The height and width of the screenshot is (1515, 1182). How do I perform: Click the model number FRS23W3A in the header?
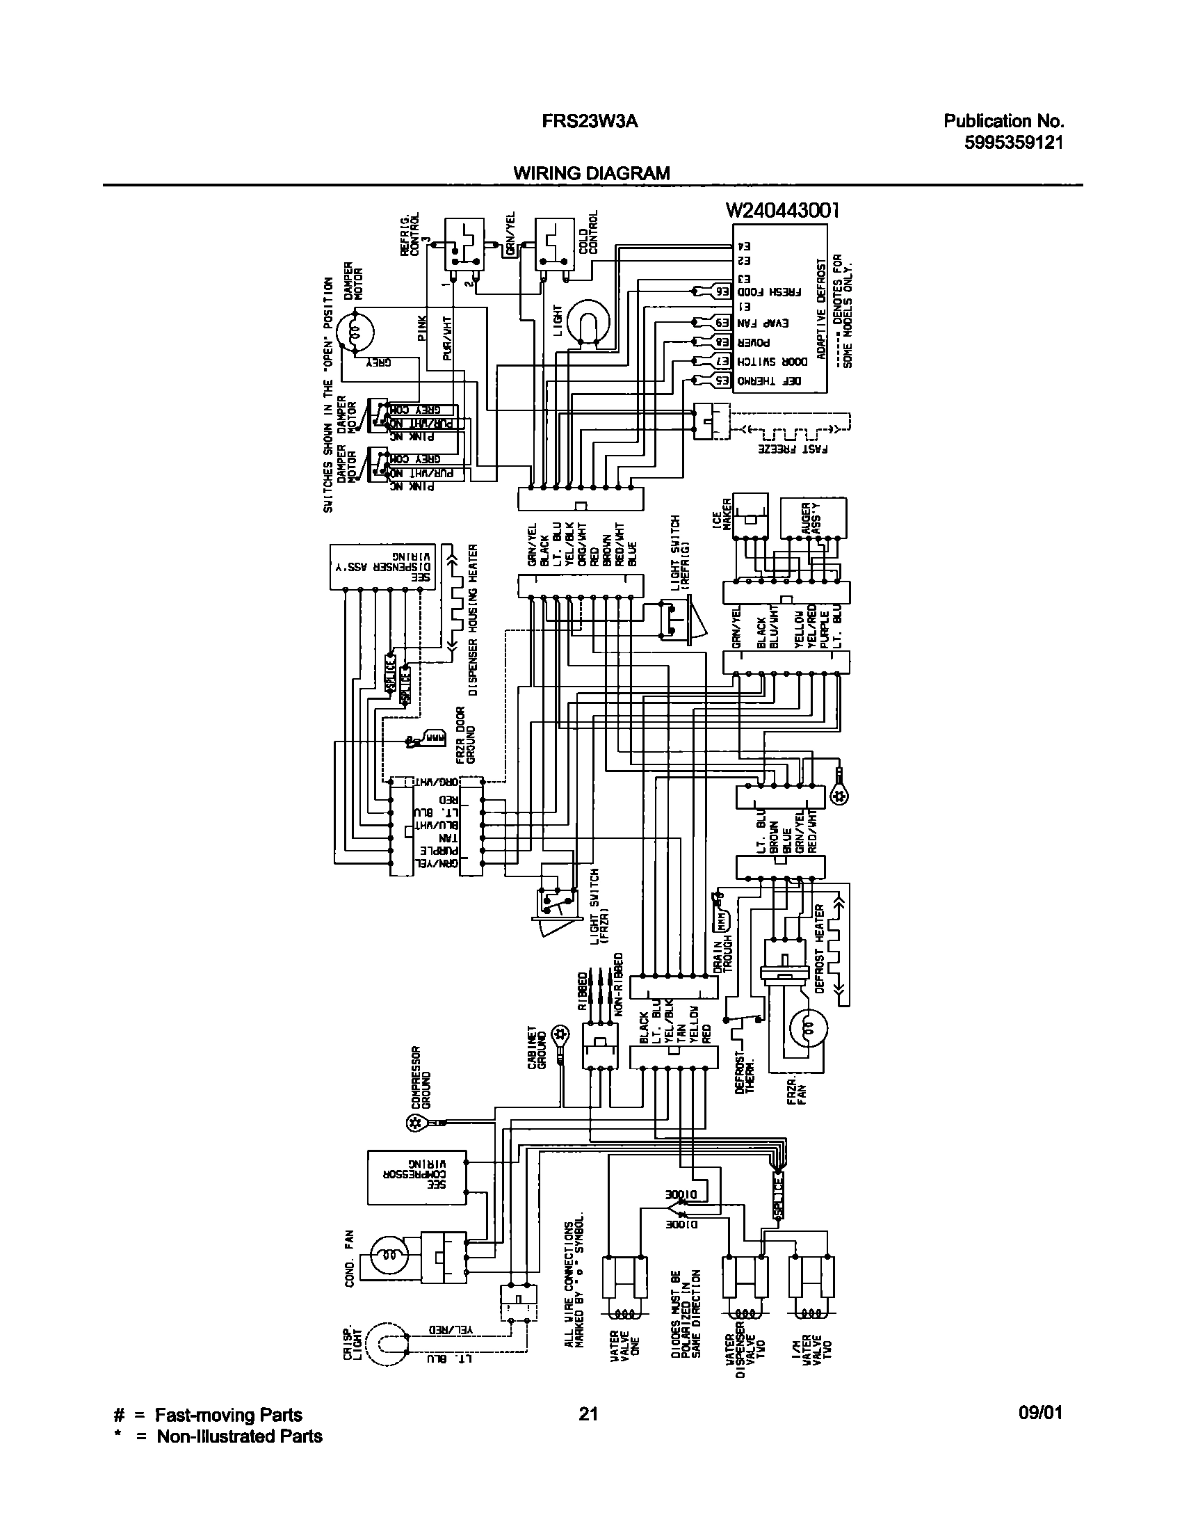[590, 122]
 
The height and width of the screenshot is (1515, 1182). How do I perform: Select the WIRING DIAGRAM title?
[592, 173]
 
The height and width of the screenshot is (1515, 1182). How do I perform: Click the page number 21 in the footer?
[588, 1413]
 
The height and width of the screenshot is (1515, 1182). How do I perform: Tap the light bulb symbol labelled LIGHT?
[588, 322]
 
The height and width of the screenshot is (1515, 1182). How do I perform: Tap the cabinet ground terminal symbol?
[561, 1034]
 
